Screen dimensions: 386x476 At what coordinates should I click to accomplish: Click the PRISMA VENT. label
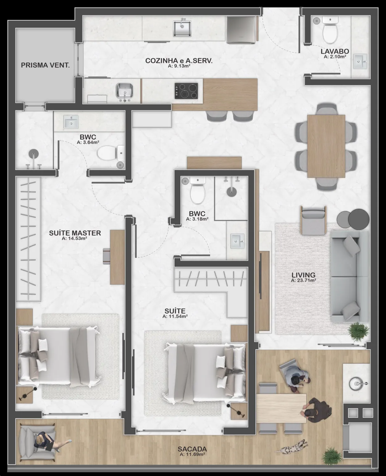coord(45,65)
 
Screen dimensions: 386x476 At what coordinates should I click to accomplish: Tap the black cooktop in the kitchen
coord(186,91)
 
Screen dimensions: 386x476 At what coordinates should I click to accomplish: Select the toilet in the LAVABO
coord(330,31)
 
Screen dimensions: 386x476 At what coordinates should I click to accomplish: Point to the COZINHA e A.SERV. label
coord(179,61)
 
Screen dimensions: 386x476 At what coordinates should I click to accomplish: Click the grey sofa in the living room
coord(349,277)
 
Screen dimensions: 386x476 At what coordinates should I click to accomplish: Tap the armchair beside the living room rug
coord(313,220)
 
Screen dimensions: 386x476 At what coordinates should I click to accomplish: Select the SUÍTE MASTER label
coord(75,233)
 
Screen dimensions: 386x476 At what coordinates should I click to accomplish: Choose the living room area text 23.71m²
coord(304,280)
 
